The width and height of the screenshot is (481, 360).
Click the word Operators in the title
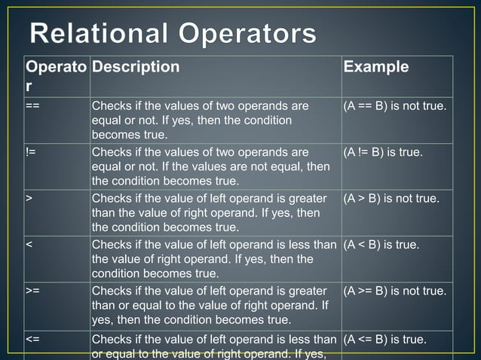pos(245,34)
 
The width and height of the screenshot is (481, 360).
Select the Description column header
pos(136,67)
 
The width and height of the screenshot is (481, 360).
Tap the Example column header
pos(376,67)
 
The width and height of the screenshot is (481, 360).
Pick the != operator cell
pos(30,153)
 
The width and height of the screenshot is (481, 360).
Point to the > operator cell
pos(29,199)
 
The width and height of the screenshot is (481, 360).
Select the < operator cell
pos(29,245)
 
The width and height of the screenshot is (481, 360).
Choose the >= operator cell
pos(32,291)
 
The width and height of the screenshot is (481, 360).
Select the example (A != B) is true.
pos(383,153)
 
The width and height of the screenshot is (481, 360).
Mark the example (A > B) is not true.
pos(391,199)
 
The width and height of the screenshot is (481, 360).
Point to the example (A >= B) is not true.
pos(395,291)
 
